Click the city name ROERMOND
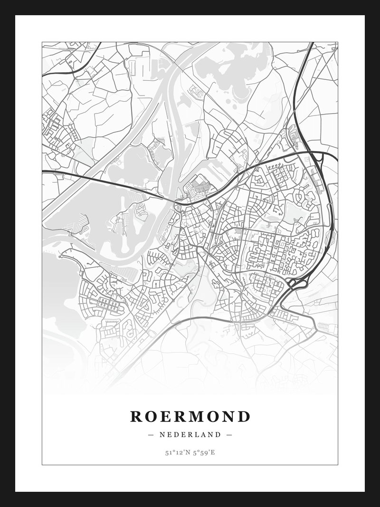point(190,416)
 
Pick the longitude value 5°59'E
point(204,452)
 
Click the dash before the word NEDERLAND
point(151,434)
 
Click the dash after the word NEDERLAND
point(229,434)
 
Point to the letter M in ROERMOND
point(195,416)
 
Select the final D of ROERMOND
point(244,416)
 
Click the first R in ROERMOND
point(136,416)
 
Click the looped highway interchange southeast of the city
point(295,284)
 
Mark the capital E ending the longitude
point(213,452)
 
